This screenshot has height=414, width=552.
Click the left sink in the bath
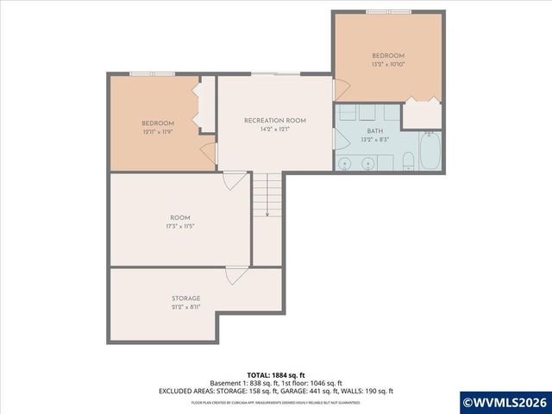coord(345,162)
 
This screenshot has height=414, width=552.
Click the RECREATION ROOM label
coord(274,120)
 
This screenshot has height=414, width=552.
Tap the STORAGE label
coord(185,298)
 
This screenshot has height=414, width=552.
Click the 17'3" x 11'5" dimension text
coord(179,227)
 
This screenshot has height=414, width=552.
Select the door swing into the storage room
coord(234,276)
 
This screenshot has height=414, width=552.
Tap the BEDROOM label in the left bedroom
coord(158,123)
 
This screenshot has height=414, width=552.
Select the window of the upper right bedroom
coord(388,12)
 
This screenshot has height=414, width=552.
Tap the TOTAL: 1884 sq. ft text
coord(275,375)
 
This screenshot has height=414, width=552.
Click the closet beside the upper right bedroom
coord(422,114)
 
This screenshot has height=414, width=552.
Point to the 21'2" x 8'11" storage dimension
coord(185,307)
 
